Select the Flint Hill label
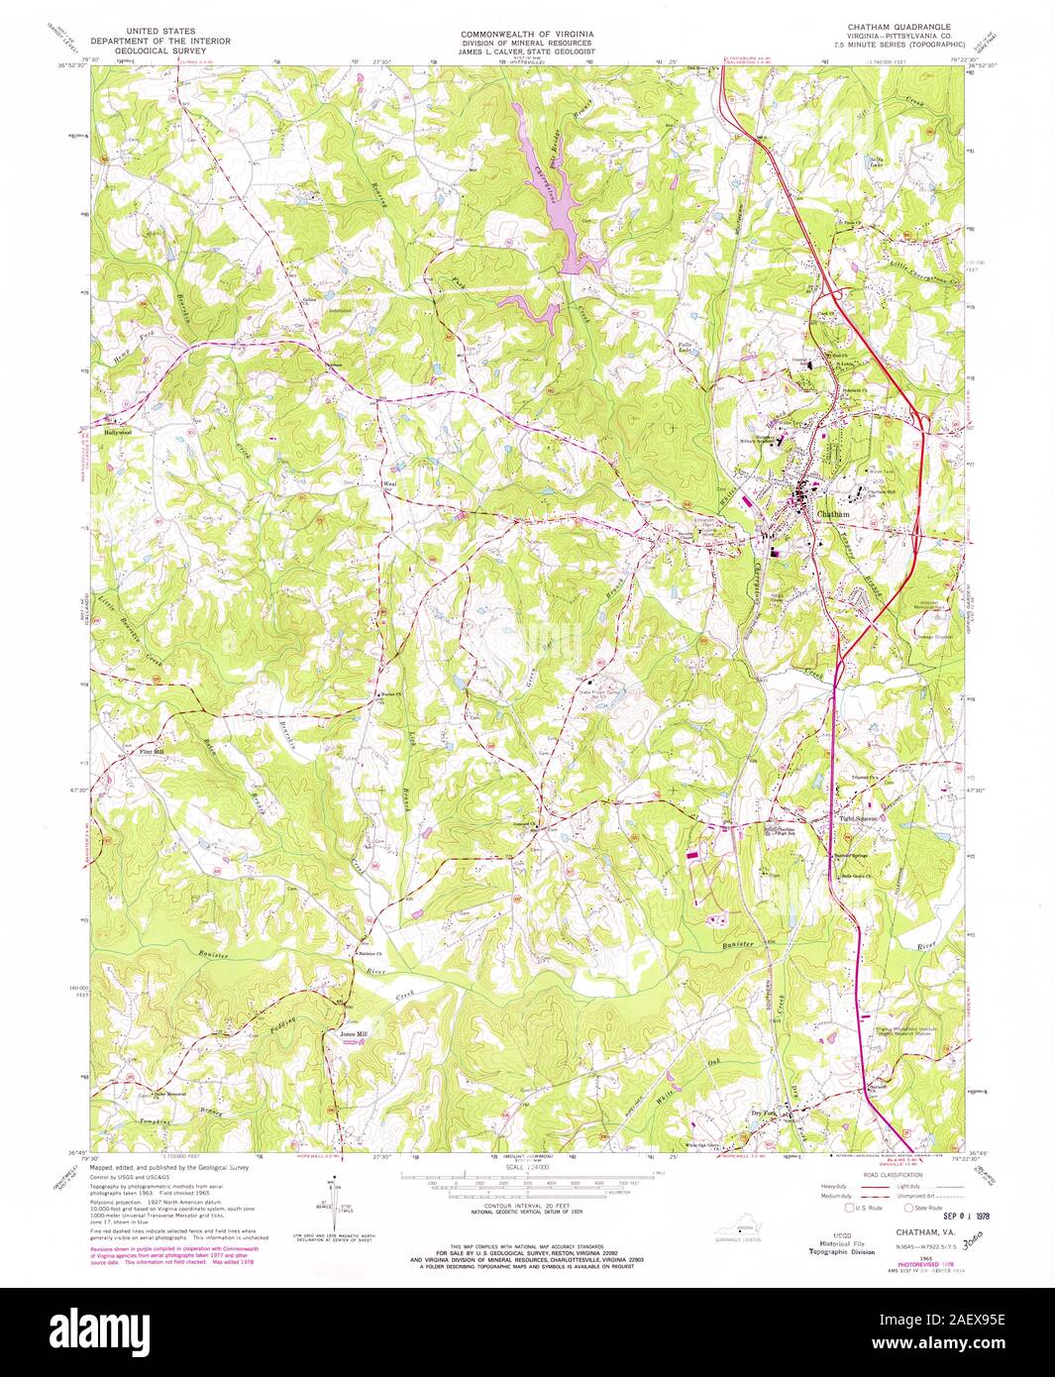[x=152, y=753]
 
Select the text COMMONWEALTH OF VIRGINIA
[x=526, y=34]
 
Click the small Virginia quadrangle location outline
[x=742, y=1227]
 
